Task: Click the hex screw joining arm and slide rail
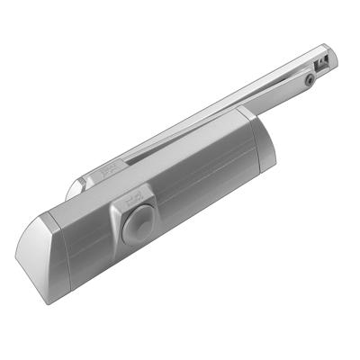[308, 80]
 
